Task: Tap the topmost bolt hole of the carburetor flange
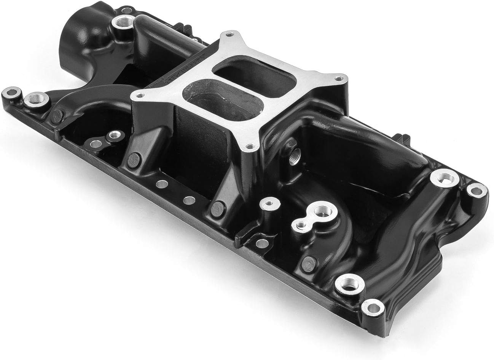pos(229,35)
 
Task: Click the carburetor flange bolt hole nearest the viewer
pos(249,146)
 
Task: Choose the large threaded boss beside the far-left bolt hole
pos(39,101)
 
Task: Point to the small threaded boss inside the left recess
pos(112,135)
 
